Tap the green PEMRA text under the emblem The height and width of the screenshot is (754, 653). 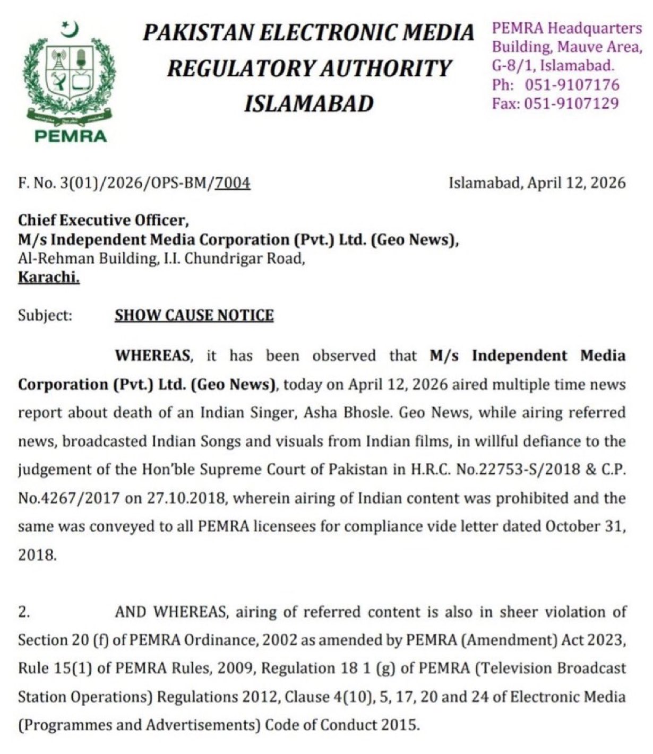(70, 136)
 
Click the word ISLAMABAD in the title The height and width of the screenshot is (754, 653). (308, 103)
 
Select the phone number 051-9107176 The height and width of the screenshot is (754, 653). (572, 84)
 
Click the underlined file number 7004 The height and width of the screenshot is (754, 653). (232, 183)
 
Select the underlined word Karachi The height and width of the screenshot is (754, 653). (49, 277)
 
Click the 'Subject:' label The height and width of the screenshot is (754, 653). (45, 315)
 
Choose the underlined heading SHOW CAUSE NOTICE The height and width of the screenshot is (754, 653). (194, 315)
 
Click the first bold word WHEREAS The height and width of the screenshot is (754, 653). (152, 356)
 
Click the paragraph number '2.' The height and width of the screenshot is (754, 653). (24, 612)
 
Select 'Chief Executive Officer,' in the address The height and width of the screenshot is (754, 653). (104, 220)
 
